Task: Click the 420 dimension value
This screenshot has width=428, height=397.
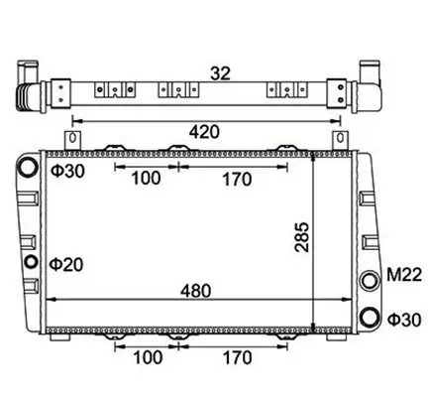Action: pyautogui.click(x=204, y=132)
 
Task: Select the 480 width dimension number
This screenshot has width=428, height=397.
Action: pyautogui.click(x=195, y=291)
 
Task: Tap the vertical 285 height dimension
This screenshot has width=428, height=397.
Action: pyautogui.click(x=302, y=237)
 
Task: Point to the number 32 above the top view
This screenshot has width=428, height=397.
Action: pyautogui.click(x=220, y=73)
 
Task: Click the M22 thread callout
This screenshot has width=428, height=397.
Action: pyautogui.click(x=404, y=275)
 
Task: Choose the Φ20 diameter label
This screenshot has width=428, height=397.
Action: pyautogui.click(x=66, y=265)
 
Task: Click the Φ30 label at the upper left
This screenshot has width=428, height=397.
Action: pyautogui.click(x=67, y=171)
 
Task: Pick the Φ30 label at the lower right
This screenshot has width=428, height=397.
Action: pyautogui.click(x=404, y=320)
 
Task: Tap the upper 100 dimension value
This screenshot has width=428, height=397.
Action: pyautogui.click(x=146, y=178)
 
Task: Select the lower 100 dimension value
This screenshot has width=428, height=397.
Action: pyautogui.click(x=148, y=357)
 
